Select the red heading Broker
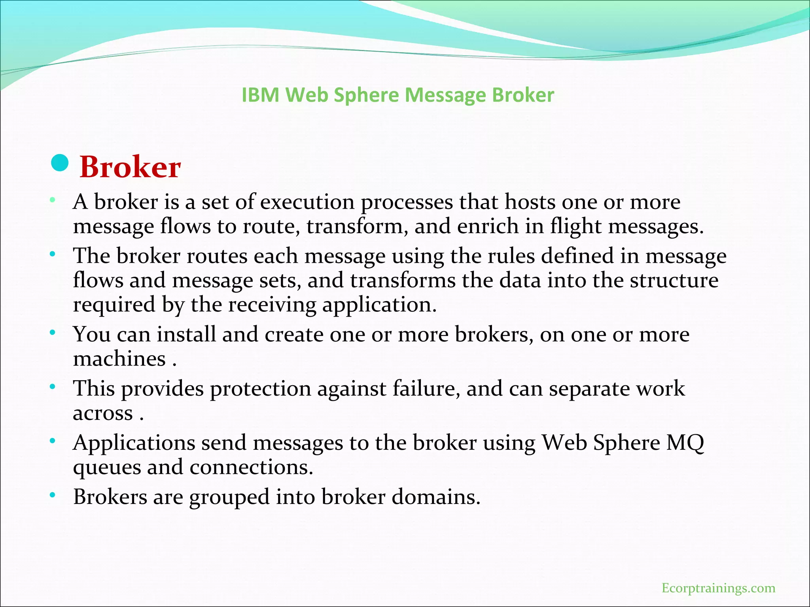[130, 167]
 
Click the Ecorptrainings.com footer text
[718, 588]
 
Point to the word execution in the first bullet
[307, 202]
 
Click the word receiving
[273, 305]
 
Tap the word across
[103, 413]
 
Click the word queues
[107, 467]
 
